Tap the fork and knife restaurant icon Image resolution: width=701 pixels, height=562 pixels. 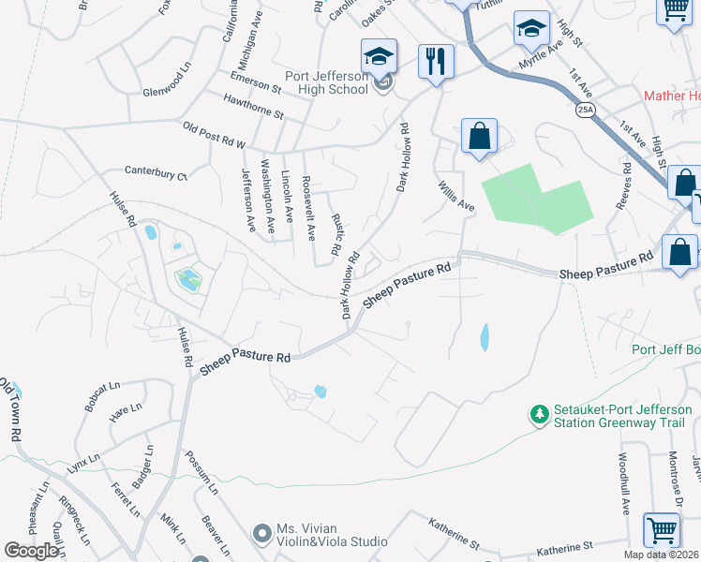pyautogui.click(x=436, y=62)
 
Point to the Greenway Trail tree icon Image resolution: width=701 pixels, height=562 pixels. pyautogui.click(x=539, y=413)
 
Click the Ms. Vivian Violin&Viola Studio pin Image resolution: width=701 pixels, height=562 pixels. pyautogui.click(x=263, y=534)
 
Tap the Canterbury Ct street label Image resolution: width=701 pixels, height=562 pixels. pyautogui.click(x=157, y=173)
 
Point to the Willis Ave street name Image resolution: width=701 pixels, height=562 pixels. pyautogui.click(x=455, y=197)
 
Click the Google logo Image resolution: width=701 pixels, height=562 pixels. pyautogui.click(x=31, y=552)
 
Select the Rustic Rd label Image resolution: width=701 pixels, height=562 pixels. pyautogui.click(x=337, y=234)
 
